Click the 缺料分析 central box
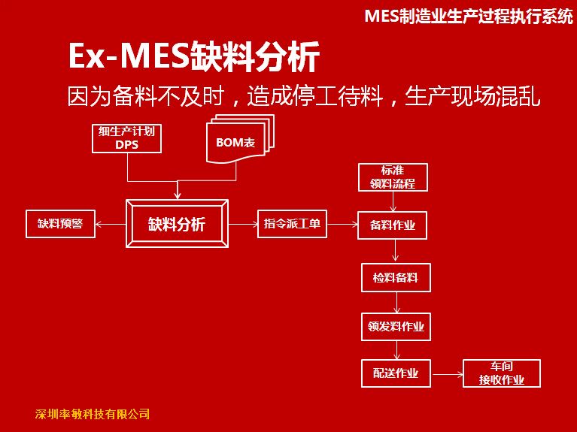[177, 224]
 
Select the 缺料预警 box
[60, 224]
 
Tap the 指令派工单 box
[292, 224]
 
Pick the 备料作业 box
[392, 225]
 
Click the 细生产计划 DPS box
[126, 138]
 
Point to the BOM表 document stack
[240, 139]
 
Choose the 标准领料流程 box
[393, 177]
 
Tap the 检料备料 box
[396, 277]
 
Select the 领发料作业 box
[396, 327]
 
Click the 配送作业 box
[396, 373]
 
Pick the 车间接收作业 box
[502, 373]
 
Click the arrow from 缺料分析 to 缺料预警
[111, 224]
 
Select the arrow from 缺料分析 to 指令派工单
[243, 224]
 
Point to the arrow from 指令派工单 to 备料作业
[342, 224]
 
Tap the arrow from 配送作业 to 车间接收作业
[448, 374]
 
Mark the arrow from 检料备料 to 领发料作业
[396, 303]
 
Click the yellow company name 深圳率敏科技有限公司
[93, 414]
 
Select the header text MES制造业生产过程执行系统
[469, 16]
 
